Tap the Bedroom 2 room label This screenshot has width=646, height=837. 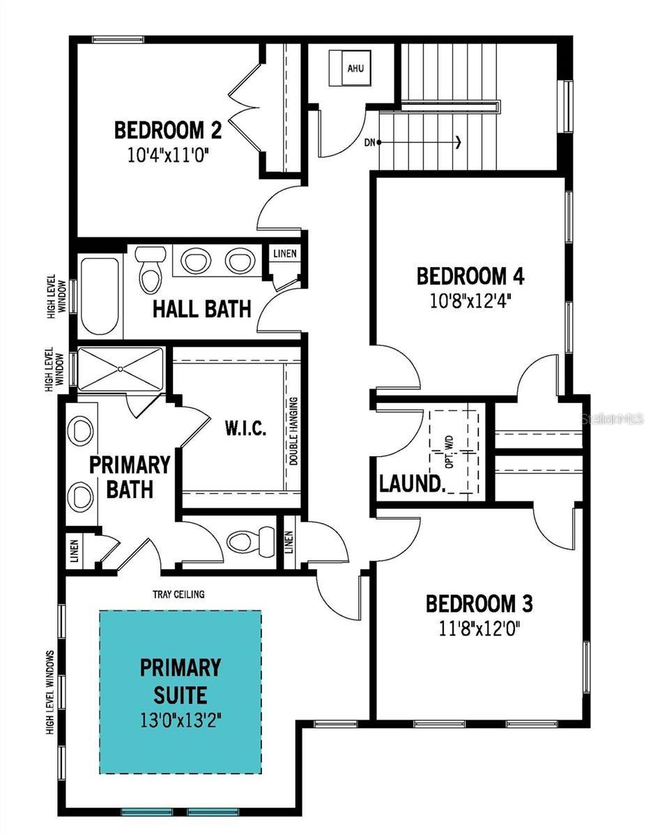point(168,130)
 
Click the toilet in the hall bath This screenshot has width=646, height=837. point(148,269)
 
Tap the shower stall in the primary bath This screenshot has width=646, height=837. point(120,369)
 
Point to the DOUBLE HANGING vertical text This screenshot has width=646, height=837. point(294,432)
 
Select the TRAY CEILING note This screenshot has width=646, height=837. point(179,594)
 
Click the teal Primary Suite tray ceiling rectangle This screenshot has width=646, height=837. point(180,691)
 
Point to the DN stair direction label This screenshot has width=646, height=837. point(369,142)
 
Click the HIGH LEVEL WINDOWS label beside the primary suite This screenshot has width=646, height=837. point(51,693)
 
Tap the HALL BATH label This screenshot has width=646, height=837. point(201,308)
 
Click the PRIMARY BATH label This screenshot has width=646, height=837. point(130,476)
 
